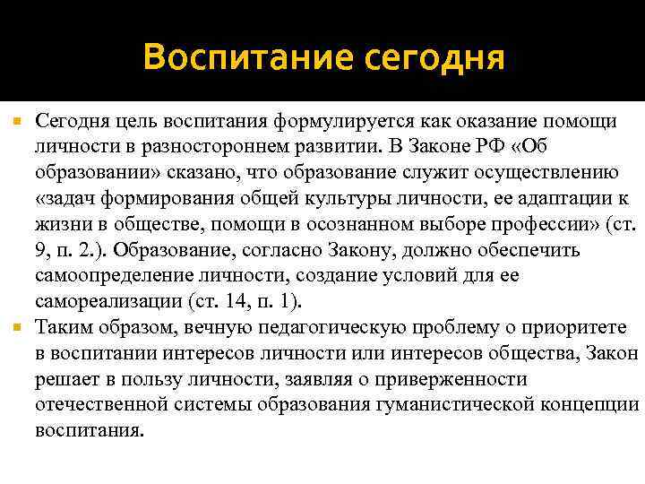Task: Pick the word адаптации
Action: tap(546, 198)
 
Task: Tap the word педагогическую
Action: tap(347, 328)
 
